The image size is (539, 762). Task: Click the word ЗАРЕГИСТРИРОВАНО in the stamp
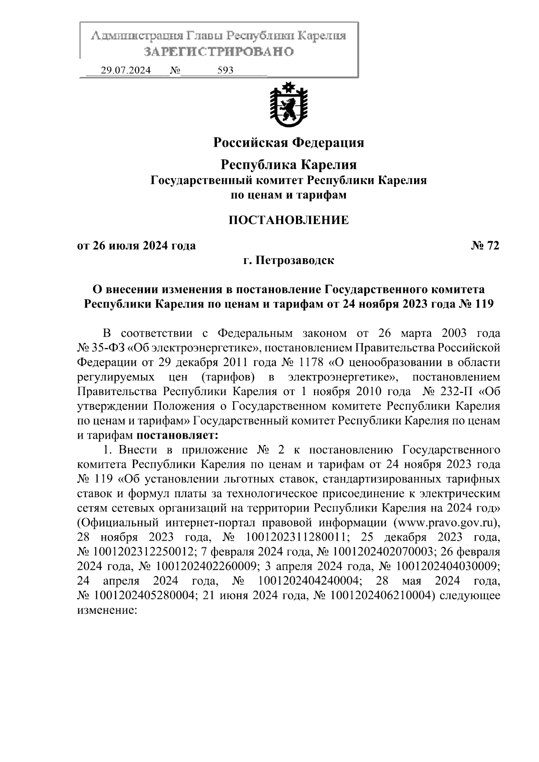tap(219, 52)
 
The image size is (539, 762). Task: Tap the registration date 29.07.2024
tap(126, 70)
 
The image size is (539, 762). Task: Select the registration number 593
tap(225, 70)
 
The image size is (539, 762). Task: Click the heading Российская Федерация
tap(288, 143)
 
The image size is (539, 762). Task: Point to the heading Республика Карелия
tap(288, 165)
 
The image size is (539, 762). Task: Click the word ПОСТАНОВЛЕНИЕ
tap(288, 220)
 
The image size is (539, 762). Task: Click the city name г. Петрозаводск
tap(288, 260)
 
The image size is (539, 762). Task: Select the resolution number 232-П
tap(455, 391)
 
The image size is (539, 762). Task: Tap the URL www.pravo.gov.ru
tap(445, 523)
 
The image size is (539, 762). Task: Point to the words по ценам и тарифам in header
tap(288, 195)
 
